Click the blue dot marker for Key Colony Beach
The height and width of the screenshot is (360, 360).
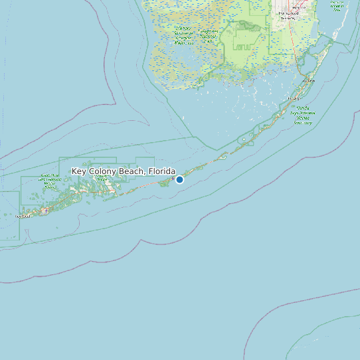(x=179, y=179)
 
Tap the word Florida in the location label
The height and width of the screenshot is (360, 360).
(x=162, y=171)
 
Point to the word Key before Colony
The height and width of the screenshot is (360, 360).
(x=78, y=171)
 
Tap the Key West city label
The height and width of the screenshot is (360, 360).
(x=23, y=215)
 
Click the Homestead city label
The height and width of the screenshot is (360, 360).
(x=288, y=13)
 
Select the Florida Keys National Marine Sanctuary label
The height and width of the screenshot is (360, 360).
(x=303, y=115)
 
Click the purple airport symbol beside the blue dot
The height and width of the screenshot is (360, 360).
(x=173, y=179)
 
